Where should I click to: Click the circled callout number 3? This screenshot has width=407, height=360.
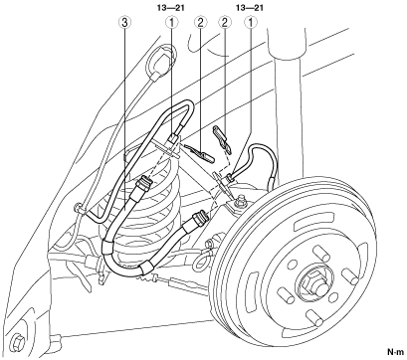pos(125,23)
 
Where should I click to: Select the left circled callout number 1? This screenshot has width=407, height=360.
pos(172,23)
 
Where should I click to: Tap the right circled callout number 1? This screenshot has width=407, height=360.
pos(251,23)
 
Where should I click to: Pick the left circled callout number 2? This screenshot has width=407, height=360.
pos(200,23)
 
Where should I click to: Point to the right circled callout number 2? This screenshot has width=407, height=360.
pos(224,23)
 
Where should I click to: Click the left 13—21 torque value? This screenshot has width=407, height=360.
pos(171,8)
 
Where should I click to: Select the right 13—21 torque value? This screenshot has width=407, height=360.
pos(249,8)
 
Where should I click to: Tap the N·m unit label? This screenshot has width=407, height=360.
pos(396,351)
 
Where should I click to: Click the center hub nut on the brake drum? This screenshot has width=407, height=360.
pos(313,282)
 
